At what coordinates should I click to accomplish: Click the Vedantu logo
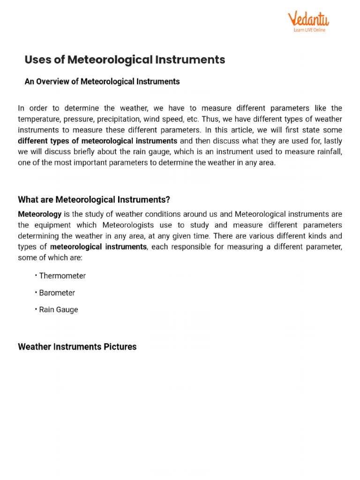(308, 20)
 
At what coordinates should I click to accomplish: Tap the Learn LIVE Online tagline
(309, 30)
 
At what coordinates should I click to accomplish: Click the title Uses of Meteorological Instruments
(125, 60)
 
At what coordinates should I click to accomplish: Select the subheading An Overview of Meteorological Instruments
(102, 82)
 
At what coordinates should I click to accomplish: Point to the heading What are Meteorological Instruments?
(94, 200)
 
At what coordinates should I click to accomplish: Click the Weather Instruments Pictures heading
(77, 347)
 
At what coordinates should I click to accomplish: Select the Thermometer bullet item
(62, 276)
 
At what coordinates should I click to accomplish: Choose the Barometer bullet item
(57, 293)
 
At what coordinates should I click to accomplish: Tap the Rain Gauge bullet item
(59, 310)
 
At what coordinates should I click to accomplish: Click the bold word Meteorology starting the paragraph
(39, 214)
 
